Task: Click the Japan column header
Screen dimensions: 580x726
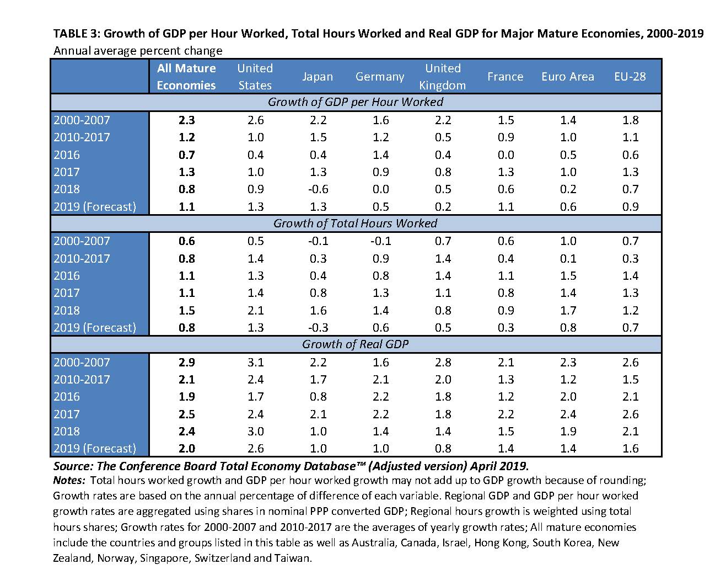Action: click(318, 77)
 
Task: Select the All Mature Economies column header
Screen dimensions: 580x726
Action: click(186, 77)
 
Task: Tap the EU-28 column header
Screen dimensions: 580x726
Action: click(630, 77)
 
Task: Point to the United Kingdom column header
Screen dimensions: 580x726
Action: click(443, 77)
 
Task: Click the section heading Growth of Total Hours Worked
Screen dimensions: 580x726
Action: click(355, 224)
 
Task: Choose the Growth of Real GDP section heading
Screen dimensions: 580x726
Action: click(355, 344)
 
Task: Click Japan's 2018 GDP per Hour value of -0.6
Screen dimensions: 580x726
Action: click(318, 189)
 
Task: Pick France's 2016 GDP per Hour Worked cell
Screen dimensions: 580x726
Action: click(505, 155)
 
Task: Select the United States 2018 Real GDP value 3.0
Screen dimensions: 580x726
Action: click(256, 431)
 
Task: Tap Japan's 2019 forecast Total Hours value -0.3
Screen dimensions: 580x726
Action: click(318, 327)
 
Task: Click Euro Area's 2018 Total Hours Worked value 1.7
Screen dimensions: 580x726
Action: click(568, 310)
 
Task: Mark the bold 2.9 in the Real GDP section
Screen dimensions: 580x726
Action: click(187, 362)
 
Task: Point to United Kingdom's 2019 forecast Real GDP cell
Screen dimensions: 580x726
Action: click(443, 448)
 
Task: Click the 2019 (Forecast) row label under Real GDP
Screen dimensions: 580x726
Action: click(94, 448)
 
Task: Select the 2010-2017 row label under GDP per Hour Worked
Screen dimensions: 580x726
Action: click(82, 137)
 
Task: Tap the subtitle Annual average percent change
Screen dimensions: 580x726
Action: click(137, 51)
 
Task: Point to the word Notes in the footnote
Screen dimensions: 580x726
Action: click(69, 480)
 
